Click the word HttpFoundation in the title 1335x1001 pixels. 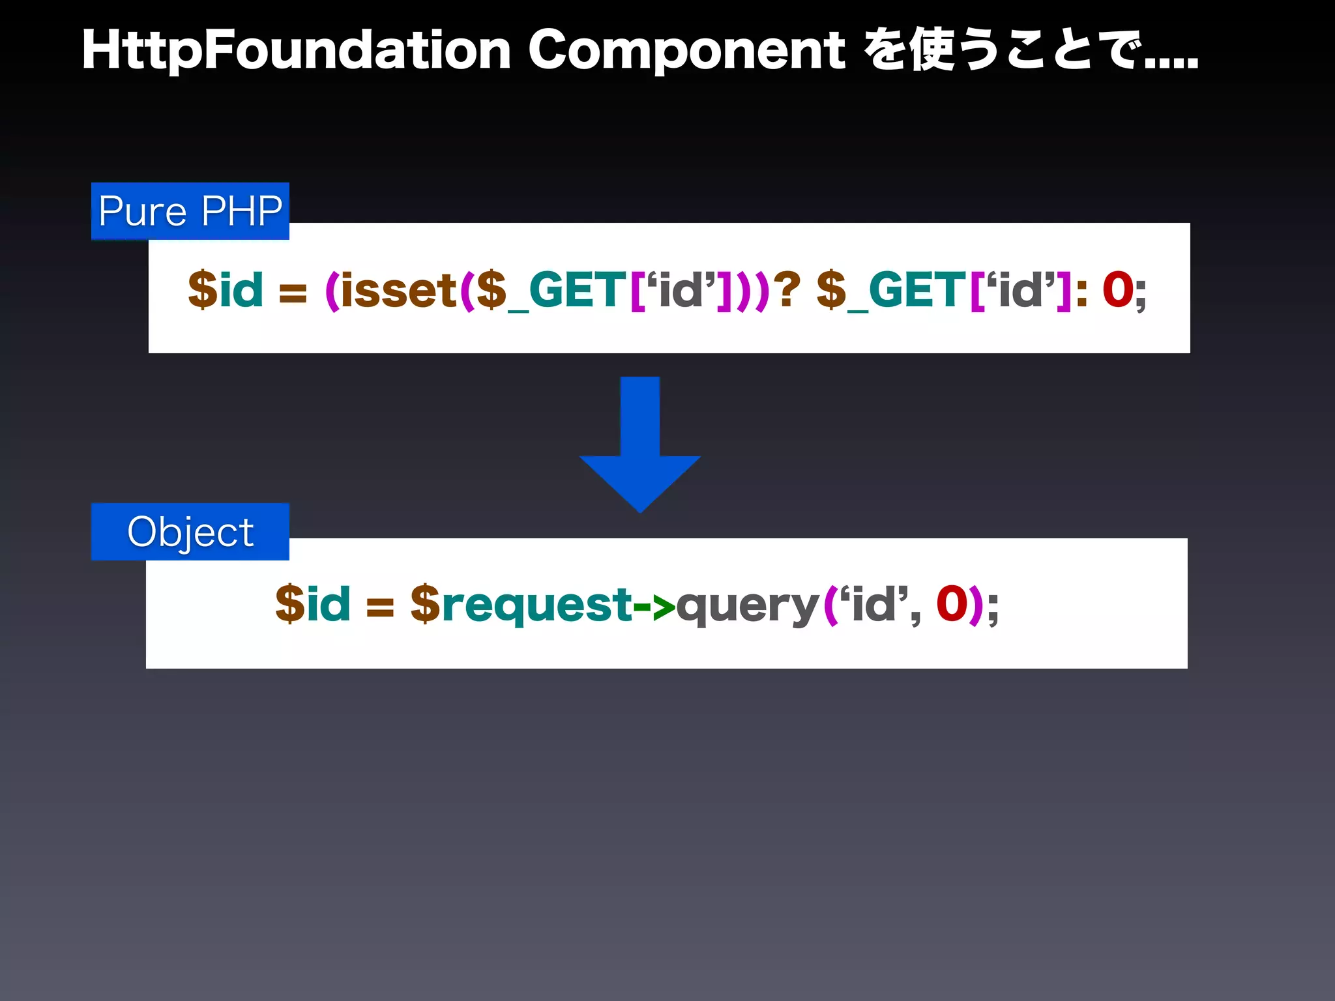click(297, 51)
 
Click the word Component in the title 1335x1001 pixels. click(686, 51)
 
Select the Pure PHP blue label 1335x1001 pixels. click(190, 211)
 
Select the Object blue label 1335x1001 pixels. click(190, 532)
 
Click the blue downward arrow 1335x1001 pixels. click(639, 450)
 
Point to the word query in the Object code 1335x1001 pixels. click(748, 606)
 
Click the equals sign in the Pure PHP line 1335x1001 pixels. click(293, 293)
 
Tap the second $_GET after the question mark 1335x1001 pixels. click(890, 291)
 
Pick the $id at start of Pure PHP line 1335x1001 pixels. click(226, 291)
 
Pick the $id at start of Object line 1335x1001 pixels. click(312, 605)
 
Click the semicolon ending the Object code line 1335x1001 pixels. click(992, 609)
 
